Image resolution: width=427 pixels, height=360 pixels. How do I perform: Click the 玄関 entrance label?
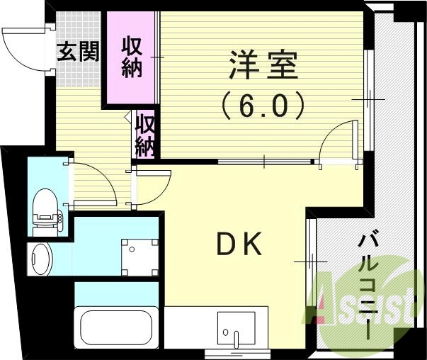[x=78, y=52]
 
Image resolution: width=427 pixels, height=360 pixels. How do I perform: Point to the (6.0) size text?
[x=263, y=106]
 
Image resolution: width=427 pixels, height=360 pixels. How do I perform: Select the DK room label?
[x=239, y=245]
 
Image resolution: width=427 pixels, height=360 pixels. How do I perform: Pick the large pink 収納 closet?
[x=131, y=59]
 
